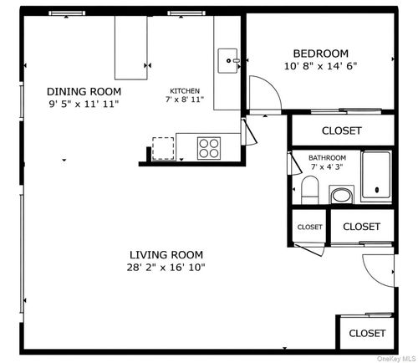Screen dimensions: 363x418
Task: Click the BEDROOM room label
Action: coord(321,54)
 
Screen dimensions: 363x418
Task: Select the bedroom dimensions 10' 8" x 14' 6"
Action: coord(321,66)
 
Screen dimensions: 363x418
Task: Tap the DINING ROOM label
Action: coord(84,91)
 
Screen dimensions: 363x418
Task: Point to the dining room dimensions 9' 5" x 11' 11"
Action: coord(84,104)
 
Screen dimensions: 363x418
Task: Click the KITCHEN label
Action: coord(185,90)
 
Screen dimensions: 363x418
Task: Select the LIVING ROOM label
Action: coord(166,254)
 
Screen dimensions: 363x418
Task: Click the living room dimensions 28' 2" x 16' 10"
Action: coord(166,268)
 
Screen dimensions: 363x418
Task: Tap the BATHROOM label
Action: coord(327,157)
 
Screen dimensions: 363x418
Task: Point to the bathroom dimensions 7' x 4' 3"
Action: coord(327,167)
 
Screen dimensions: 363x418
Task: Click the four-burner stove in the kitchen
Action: coord(209,147)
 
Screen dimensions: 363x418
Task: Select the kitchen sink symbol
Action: coord(228,60)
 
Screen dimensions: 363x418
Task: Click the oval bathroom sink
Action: coord(341,197)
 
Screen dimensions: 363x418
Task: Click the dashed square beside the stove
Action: coord(165,146)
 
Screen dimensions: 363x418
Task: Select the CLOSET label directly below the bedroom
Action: coord(342,130)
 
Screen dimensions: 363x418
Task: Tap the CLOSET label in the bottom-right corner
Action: coord(367,332)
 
